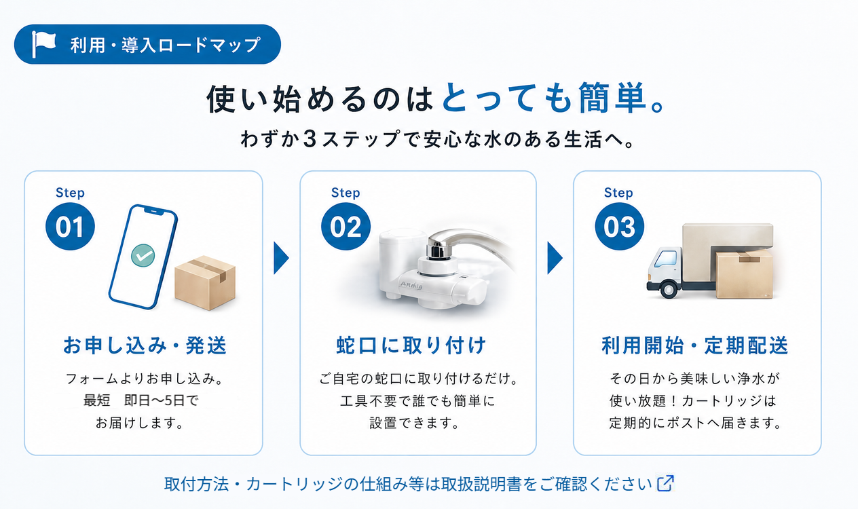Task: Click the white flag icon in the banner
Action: (43, 43)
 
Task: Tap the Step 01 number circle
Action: (70, 227)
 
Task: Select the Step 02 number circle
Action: (346, 227)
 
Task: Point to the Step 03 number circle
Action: (619, 227)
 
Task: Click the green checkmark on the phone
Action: (143, 255)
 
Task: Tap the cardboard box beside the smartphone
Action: (205, 282)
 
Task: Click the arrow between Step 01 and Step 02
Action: (281, 258)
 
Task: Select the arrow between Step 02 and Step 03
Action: (555, 258)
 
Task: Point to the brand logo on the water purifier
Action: (411, 285)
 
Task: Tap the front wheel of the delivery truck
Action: (669, 289)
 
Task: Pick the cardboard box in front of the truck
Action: (744, 274)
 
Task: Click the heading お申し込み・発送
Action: (145, 345)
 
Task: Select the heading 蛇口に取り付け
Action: (411, 345)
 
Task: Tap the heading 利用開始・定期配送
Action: (695, 345)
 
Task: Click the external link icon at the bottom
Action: (666, 483)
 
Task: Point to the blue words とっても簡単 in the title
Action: (544, 98)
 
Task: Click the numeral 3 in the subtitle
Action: (310, 138)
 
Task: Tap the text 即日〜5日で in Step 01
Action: (162, 400)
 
